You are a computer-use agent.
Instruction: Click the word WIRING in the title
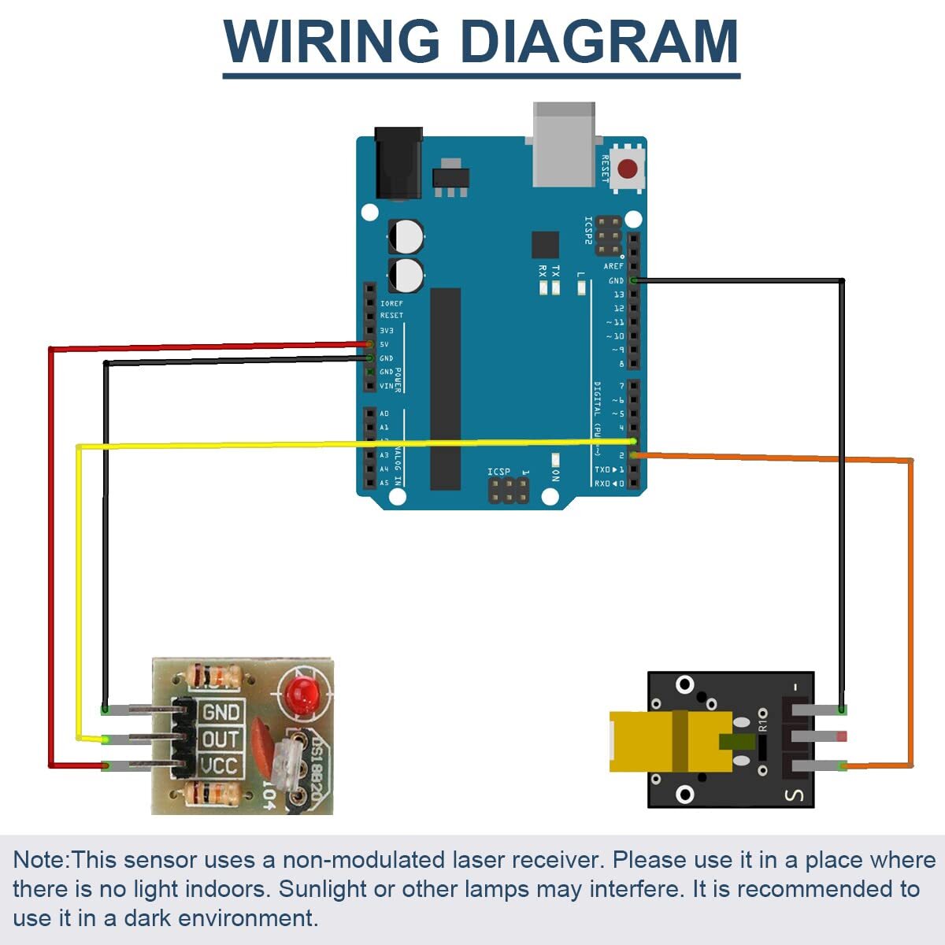332,40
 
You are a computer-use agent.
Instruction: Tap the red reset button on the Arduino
628,169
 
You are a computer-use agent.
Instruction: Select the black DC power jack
399,164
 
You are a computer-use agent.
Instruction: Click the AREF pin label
613,266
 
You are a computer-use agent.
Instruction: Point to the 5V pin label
384,344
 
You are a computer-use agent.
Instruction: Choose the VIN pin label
386,386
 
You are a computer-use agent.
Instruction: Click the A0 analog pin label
384,413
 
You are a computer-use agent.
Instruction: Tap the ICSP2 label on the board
588,231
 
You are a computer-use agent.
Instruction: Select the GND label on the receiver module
221,713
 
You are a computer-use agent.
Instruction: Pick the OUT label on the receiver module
221,739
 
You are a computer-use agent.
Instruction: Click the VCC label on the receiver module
220,766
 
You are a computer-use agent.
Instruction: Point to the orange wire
911,614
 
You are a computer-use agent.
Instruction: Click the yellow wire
78,591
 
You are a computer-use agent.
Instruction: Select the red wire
51,551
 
